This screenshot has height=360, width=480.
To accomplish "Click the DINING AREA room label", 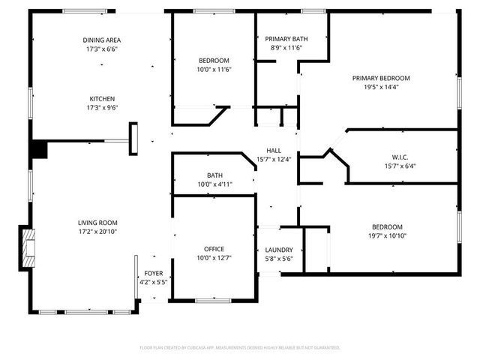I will click(x=102, y=40).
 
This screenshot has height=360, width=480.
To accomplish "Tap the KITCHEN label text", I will click(x=102, y=98).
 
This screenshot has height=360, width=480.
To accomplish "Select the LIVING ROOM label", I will click(x=97, y=223).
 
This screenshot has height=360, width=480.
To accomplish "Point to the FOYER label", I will click(x=153, y=274).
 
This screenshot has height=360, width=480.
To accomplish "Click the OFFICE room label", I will click(x=214, y=249).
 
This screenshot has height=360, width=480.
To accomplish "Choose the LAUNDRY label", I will click(x=279, y=250).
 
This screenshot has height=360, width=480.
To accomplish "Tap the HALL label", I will click(x=274, y=150).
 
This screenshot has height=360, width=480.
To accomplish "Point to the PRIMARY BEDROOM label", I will click(x=382, y=78).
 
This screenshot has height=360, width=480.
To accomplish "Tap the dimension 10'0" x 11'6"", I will click(x=214, y=69).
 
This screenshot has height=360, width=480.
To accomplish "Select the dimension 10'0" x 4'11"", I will click(x=214, y=184).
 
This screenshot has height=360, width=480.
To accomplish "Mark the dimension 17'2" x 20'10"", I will click(x=97, y=232).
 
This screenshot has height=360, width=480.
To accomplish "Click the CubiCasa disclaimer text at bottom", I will click(x=240, y=347).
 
